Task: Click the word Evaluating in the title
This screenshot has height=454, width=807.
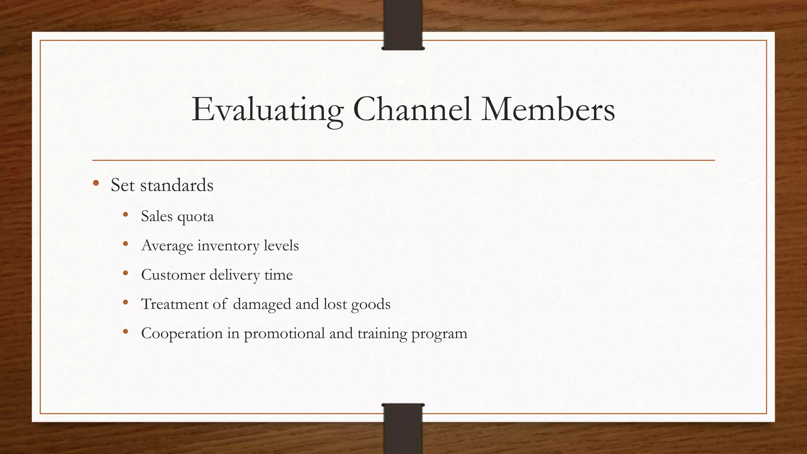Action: (x=267, y=110)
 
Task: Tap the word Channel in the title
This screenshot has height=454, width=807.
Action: (x=412, y=109)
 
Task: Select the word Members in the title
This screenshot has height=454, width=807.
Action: (x=548, y=109)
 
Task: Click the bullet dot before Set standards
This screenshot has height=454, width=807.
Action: (x=96, y=183)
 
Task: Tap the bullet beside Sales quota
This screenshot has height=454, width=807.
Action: (x=126, y=215)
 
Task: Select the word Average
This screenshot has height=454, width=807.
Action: (x=167, y=246)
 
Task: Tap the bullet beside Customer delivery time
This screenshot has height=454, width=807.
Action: (x=126, y=273)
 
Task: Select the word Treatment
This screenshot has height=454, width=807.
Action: (x=175, y=304)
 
